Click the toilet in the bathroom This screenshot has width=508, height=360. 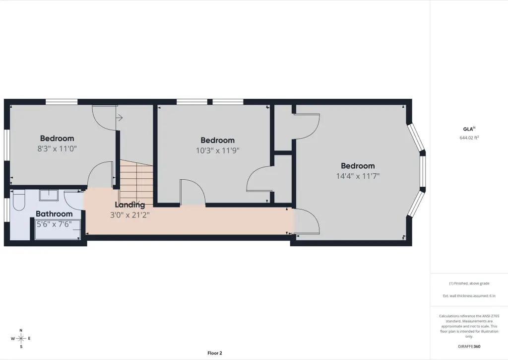pos(18,201)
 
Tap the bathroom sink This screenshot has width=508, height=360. pos(49,195)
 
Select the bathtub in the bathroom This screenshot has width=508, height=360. pos(58,229)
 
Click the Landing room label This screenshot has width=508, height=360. pos(130,205)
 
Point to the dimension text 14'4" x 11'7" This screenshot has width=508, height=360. pos(358,176)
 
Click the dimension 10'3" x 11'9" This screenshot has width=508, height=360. pos(217,150)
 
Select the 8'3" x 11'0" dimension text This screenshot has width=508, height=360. pos(57,148)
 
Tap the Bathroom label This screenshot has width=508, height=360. pos(54,214)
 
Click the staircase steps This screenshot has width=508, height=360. pos(136,182)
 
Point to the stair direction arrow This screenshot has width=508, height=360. pos(119,117)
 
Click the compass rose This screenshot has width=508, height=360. pos(21,339)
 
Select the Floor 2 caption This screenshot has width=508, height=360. pos(215,353)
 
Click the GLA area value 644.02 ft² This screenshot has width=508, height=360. pos(469,138)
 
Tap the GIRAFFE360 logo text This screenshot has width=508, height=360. pos(469,347)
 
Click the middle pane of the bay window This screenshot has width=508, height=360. pos(423,172)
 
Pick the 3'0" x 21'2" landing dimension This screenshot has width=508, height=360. pos(130,215)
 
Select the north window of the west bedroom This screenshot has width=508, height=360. pos(62,102)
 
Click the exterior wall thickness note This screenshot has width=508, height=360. pos(469,296)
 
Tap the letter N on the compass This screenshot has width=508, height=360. pos(21,331)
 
